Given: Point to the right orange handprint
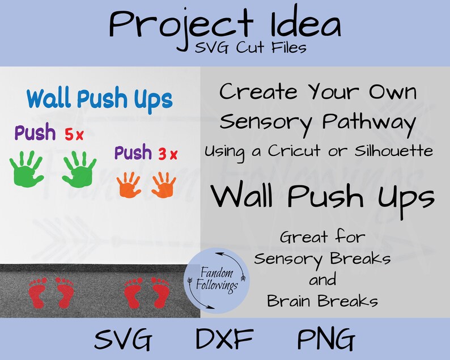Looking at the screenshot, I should tap(164, 185).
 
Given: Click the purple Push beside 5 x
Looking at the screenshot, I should tap(35, 134).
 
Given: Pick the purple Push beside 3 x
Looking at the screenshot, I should tap(134, 153).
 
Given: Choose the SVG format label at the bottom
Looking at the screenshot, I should tap(124, 340).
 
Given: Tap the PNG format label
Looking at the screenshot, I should tap(326, 340).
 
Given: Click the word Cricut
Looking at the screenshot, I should tap(307, 151).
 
